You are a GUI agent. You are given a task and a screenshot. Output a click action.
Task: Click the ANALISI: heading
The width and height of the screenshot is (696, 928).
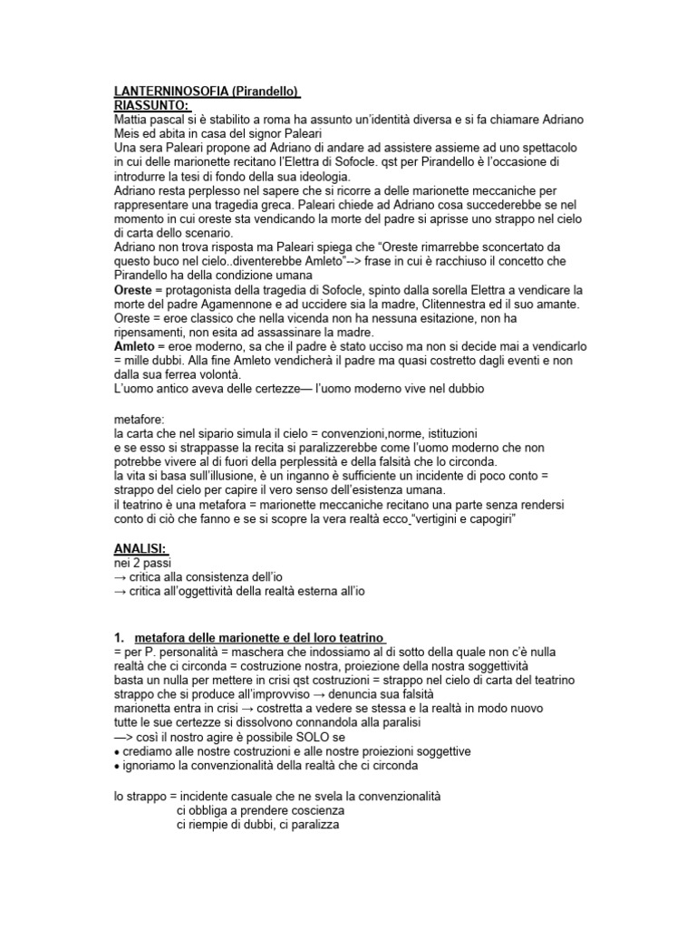[142, 549]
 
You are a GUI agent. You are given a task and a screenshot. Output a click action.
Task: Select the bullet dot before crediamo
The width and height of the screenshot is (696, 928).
[117, 752]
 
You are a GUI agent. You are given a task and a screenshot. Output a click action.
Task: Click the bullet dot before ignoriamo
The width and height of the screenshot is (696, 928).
[117, 766]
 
